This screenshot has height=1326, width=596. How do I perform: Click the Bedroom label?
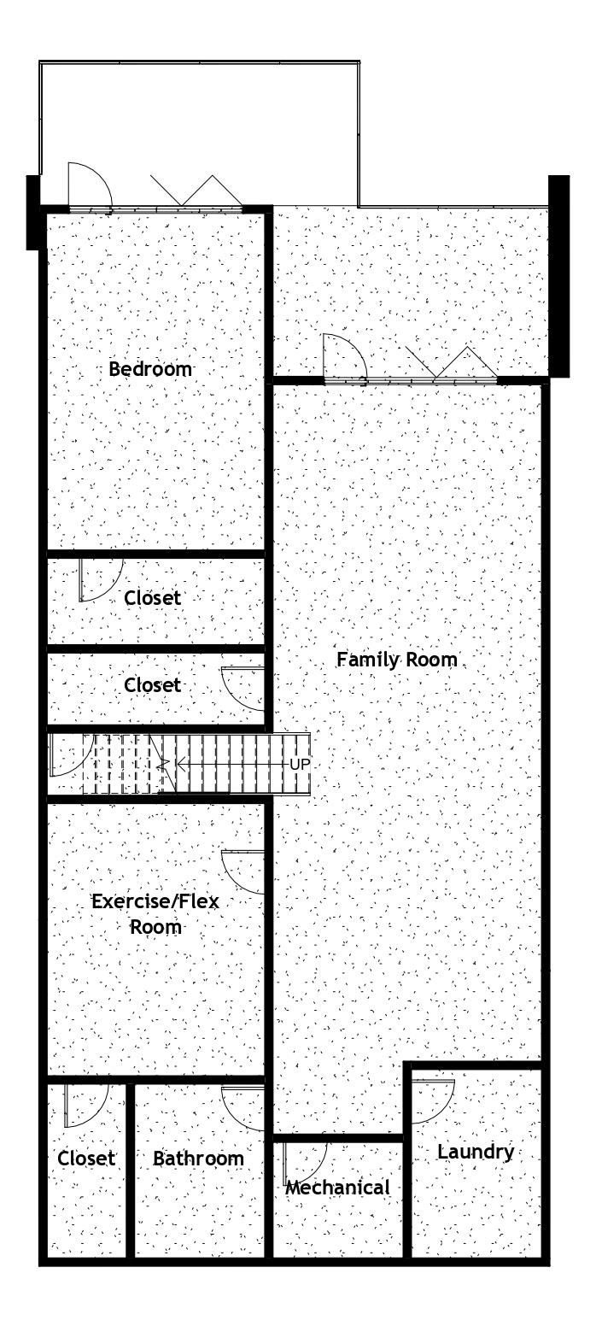pyautogui.click(x=150, y=369)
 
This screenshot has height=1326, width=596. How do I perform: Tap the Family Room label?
pyautogui.click(x=397, y=660)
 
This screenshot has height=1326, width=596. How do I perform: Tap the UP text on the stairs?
pyautogui.click(x=300, y=764)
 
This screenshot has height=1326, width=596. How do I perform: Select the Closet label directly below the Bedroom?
pyautogui.click(x=152, y=598)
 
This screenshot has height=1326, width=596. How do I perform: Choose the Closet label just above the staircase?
pyautogui.click(x=152, y=685)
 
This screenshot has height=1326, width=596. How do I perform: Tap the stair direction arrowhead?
pyautogui.click(x=181, y=764)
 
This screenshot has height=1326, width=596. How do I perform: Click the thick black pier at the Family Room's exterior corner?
pyautogui.click(x=558, y=276)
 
